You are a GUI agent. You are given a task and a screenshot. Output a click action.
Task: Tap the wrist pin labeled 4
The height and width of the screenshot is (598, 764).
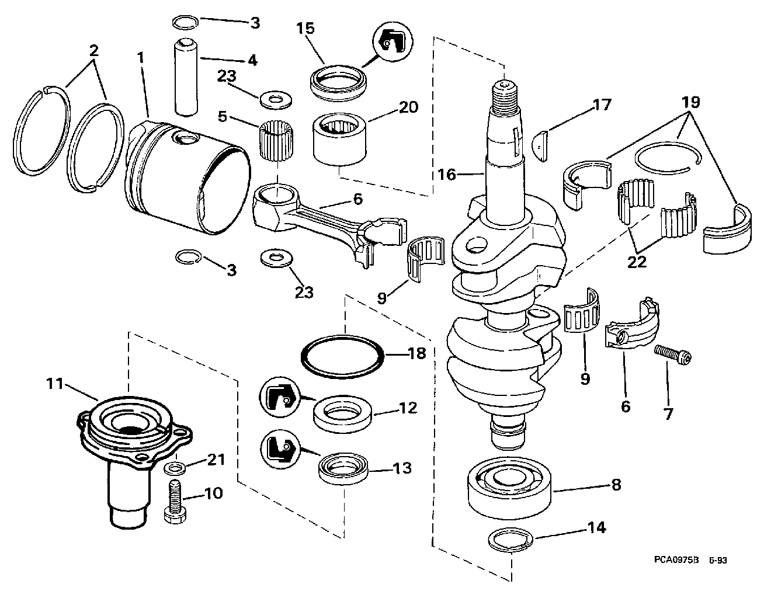click(186, 78)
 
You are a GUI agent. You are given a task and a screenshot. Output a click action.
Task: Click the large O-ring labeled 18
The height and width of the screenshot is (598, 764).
click(342, 357)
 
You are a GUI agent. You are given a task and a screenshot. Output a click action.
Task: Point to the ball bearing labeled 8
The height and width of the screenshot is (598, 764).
click(510, 486)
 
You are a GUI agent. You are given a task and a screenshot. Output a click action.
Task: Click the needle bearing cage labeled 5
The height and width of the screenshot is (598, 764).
click(277, 139)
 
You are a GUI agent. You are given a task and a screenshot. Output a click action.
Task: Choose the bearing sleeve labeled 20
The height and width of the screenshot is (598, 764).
click(339, 139)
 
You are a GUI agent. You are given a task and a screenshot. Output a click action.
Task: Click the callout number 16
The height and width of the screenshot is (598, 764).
click(447, 175)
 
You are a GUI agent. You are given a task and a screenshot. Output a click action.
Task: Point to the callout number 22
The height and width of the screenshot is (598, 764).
click(637, 262)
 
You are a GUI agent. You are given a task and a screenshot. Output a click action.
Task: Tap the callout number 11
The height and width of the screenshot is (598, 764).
click(55, 384)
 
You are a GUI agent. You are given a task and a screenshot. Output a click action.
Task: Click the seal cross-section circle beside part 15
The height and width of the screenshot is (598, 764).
click(393, 42)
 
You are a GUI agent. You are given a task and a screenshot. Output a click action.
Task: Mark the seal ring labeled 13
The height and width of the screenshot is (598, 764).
click(343, 470)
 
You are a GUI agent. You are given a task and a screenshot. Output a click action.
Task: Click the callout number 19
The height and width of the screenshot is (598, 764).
click(691, 102)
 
